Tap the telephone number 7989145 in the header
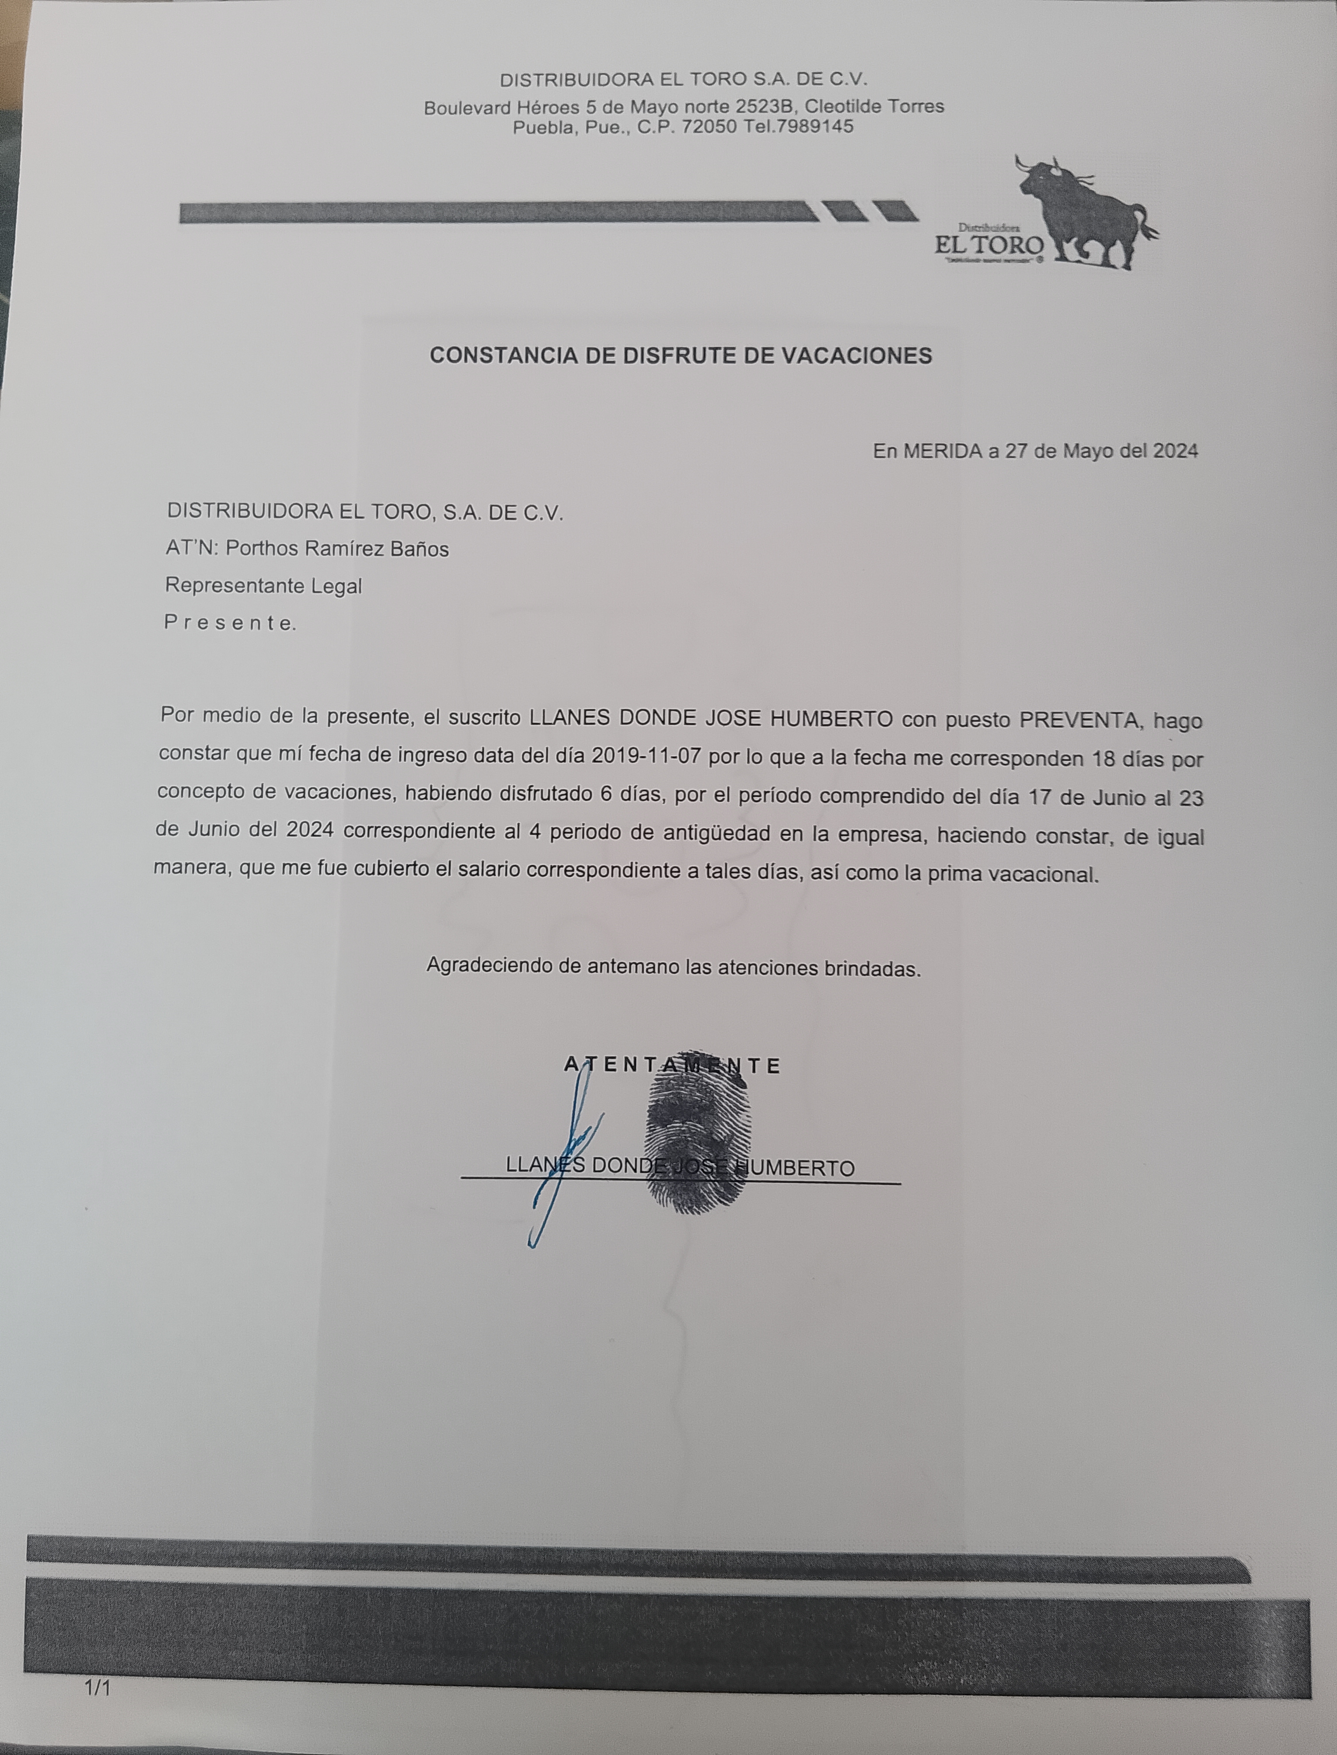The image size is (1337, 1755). pyautogui.click(x=813, y=127)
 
